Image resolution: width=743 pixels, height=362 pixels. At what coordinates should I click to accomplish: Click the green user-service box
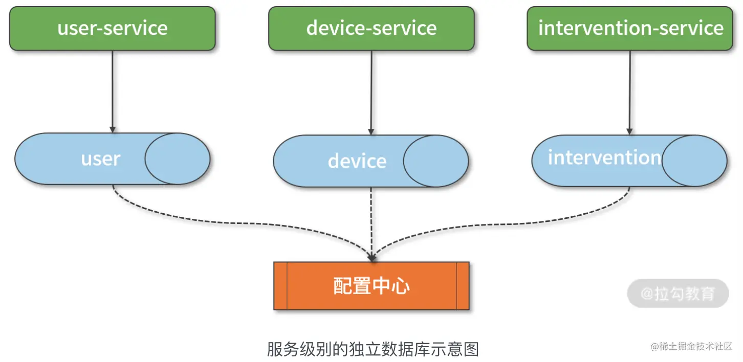tap(113, 29)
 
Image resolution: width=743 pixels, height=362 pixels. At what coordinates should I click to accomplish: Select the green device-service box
tap(371, 29)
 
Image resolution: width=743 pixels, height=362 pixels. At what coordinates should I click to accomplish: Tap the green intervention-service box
tap(630, 29)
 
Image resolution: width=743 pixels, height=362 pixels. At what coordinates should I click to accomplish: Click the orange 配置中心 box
tap(371, 286)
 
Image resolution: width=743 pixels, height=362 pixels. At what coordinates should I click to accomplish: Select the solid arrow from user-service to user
tap(113, 92)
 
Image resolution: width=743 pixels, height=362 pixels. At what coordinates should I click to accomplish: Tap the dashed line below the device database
tap(371, 220)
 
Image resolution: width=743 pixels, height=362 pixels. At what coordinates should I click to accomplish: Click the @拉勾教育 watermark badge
tap(678, 293)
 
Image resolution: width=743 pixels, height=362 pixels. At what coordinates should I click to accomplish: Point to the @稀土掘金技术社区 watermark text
tap(692, 347)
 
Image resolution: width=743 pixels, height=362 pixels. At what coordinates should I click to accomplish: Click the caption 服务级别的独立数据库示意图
tap(373, 349)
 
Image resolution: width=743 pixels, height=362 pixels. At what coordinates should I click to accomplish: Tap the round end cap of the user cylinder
tap(178, 159)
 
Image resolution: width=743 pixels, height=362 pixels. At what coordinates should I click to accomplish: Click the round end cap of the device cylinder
tap(436, 161)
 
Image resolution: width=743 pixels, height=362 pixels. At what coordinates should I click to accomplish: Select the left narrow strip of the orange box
tap(280, 286)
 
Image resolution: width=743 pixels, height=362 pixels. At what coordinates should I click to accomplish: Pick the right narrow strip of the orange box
tap(463, 286)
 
